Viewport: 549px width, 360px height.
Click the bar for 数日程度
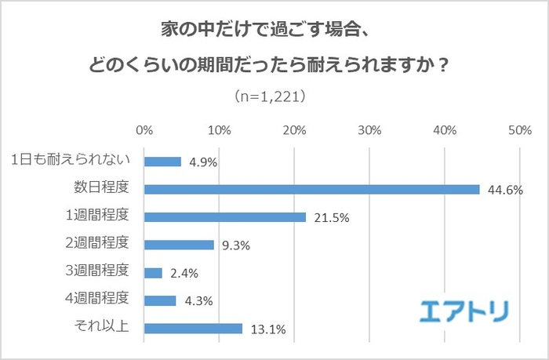(311, 189)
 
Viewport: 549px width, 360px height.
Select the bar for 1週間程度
(225, 217)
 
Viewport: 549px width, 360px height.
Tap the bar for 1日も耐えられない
(162, 162)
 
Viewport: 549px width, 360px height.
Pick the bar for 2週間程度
(179, 245)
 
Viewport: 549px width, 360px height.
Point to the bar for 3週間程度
(153, 273)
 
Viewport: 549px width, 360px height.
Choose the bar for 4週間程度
(160, 300)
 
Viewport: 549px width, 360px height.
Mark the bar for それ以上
(193, 329)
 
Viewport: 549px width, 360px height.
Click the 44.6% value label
(504, 190)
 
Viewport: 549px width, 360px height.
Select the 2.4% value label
(183, 274)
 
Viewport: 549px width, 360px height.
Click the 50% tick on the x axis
(520, 129)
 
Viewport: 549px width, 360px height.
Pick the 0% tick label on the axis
(144, 129)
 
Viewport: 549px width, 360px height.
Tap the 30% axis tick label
(369, 129)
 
